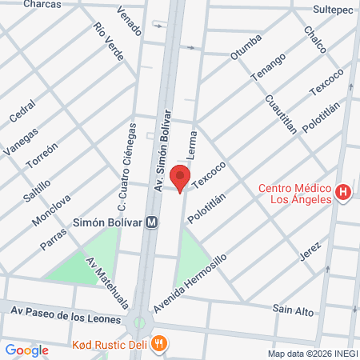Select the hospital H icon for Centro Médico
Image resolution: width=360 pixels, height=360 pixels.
coord(343,192)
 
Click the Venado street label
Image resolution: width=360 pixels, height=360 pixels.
coord(129,22)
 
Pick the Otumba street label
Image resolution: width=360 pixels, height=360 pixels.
coord(246,46)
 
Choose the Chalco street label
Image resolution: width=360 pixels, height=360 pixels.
coord(314,39)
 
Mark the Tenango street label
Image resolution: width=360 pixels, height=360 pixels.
coord(269,68)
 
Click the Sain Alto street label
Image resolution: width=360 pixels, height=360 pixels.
coord(292,310)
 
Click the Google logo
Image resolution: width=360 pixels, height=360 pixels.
coord(26,350)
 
